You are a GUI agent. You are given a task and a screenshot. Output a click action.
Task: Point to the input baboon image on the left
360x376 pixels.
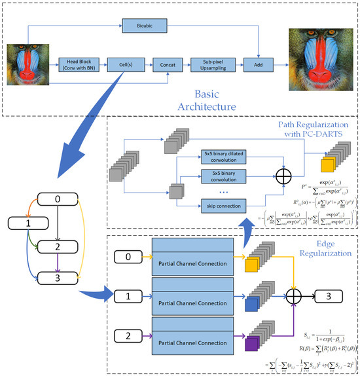[x=26, y=64]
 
